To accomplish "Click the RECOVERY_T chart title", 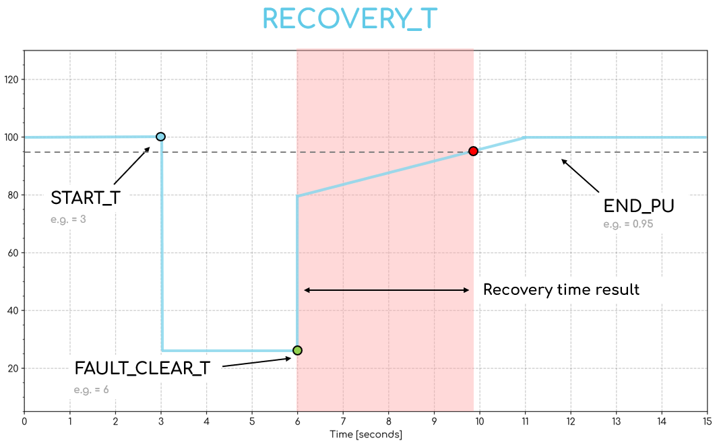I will (350, 20).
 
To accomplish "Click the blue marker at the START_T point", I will (160, 137).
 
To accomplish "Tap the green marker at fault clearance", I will (297, 350).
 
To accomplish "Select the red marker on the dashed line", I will (473, 151).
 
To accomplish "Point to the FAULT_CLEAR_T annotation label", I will (142, 368).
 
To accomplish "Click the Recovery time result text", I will (561, 290).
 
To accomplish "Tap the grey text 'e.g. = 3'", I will (68, 219).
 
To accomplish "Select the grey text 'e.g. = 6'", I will (92, 390).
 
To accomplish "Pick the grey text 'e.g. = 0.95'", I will (628, 225).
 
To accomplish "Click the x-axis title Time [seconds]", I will (366, 435).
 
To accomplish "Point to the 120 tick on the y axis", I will (11, 79).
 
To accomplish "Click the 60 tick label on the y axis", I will (13, 253).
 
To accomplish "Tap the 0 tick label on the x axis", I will (24, 422).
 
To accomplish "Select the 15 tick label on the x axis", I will (706, 422).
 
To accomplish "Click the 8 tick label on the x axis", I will (389, 422).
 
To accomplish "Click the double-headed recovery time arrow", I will (387, 290).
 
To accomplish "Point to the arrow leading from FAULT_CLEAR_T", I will (257, 362).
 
